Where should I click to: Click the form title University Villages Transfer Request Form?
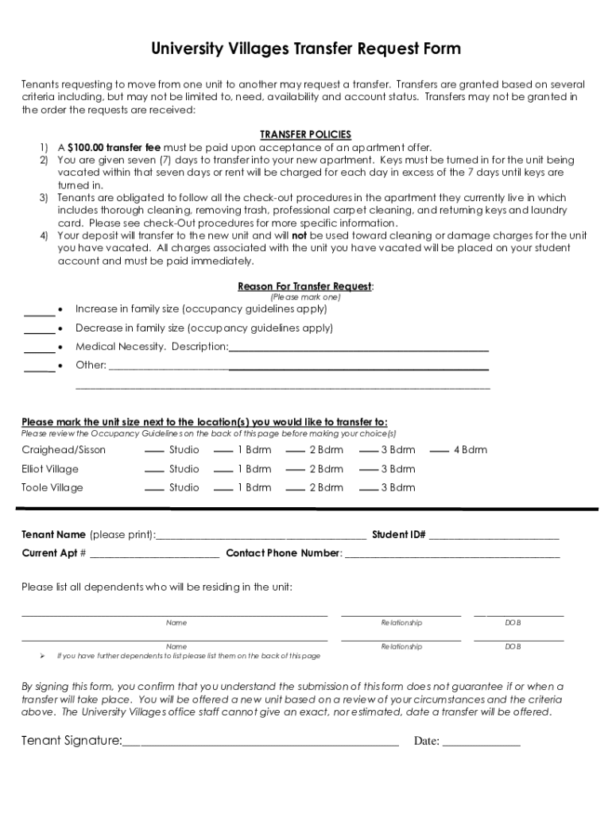pos(306,49)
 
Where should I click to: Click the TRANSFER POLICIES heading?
pos(306,134)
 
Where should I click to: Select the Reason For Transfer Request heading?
pos(305,286)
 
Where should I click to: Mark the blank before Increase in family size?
pos(39,311)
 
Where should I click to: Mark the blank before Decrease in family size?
pos(39,330)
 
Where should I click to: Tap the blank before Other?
pos(39,367)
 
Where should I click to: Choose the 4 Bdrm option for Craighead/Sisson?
pos(440,452)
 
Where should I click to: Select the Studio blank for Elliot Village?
pos(154,471)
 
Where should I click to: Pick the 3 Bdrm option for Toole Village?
pos(369,490)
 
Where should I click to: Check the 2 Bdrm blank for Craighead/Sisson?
pos(296,452)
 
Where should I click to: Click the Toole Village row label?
pos(52,488)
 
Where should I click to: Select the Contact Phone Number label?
pos(283,553)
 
